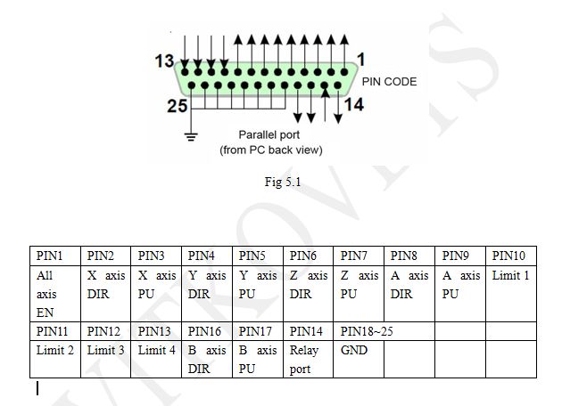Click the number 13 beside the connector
[163, 61]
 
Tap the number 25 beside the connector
[177, 105]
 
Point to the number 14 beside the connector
[354, 105]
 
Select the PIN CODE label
[389, 81]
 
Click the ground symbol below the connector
[189, 135]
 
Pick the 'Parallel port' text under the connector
[270, 135]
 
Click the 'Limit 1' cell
[510, 276]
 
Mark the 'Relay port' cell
[309, 360]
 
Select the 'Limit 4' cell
[157, 351]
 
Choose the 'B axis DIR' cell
[207, 360]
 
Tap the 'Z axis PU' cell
[360, 285]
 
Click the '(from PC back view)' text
[270, 150]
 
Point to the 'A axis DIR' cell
[410, 285]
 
